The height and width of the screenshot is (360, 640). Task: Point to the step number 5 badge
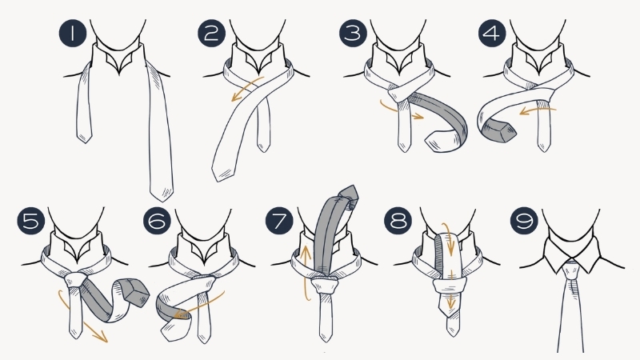coord(30,221)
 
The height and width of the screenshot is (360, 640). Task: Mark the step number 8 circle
coord(400,221)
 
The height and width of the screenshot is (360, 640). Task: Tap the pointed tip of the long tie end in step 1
coord(160,192)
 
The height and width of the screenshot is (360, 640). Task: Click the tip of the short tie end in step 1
coord(84,139)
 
